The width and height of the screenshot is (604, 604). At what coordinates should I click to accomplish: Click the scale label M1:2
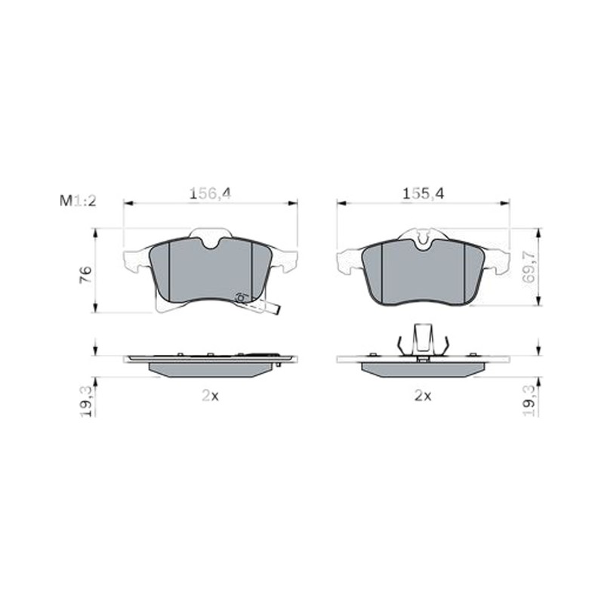coord(78,201)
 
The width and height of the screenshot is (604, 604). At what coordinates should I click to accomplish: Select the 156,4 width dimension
coord(210,193)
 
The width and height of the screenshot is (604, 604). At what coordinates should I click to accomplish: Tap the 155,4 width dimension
coord(423,193)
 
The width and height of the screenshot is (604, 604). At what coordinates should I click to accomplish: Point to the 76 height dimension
coord(85,275)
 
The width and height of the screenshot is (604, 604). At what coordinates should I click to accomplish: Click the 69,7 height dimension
coord(530,267)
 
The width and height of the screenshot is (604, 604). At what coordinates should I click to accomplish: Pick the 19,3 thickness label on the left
coord(86,401)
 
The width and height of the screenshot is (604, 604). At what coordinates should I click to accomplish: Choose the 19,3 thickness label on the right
coord(529,401)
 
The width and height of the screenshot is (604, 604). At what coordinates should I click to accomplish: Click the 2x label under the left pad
coord(211,396)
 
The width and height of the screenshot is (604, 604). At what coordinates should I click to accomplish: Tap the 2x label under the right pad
coord(423,396)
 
